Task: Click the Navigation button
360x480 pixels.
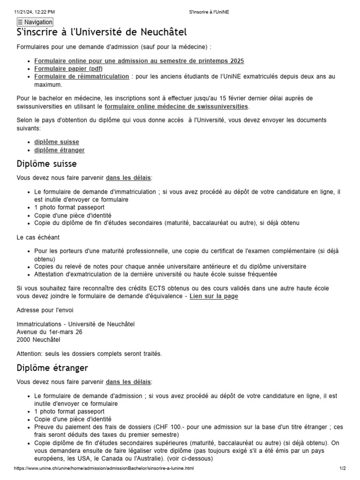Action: [x=35, y=22]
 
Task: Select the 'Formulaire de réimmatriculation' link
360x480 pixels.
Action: [x=82, y=76]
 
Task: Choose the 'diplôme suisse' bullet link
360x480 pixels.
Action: [x=57, y=142]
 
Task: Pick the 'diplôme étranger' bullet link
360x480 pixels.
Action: [x=60, y=150]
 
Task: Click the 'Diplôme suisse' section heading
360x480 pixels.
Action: [x=46, y=164]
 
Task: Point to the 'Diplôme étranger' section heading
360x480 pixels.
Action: [x=52, y=368]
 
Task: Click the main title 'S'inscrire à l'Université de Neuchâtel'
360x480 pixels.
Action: [x=101, y=32]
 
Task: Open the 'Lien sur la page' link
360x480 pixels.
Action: [x=214, y=296]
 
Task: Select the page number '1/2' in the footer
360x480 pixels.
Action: [x=342, y=468]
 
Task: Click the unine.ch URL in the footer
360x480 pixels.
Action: [x=104, y=468]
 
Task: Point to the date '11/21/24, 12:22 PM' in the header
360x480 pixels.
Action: [x=35, y=11]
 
